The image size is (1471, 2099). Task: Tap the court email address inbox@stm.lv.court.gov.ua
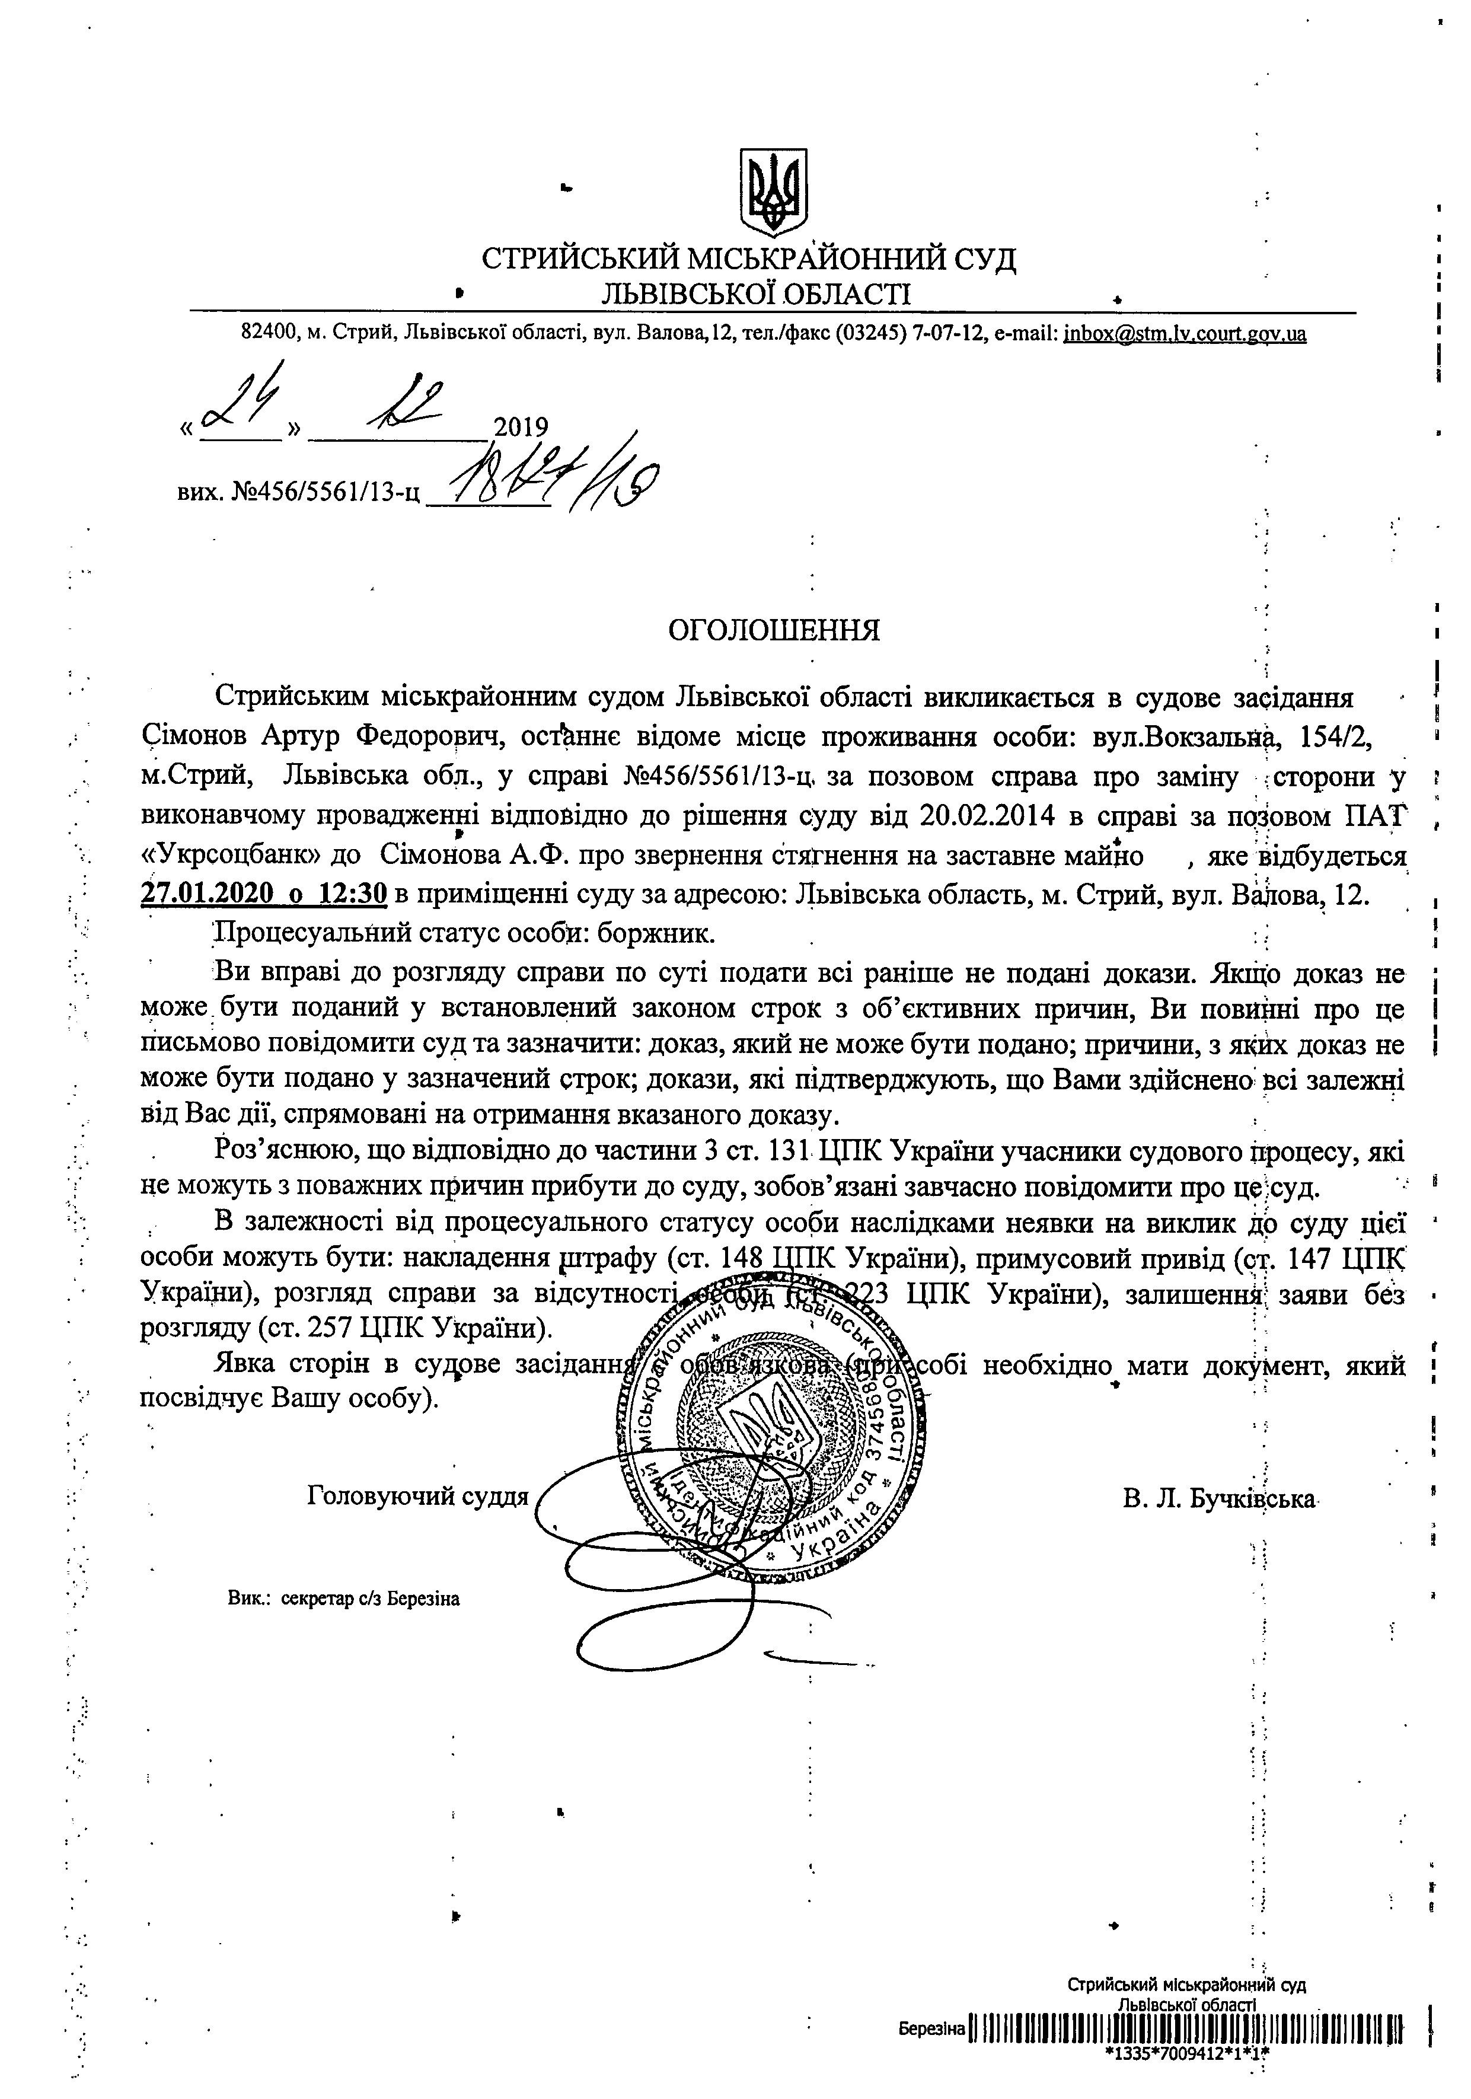pos(1184,334)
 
